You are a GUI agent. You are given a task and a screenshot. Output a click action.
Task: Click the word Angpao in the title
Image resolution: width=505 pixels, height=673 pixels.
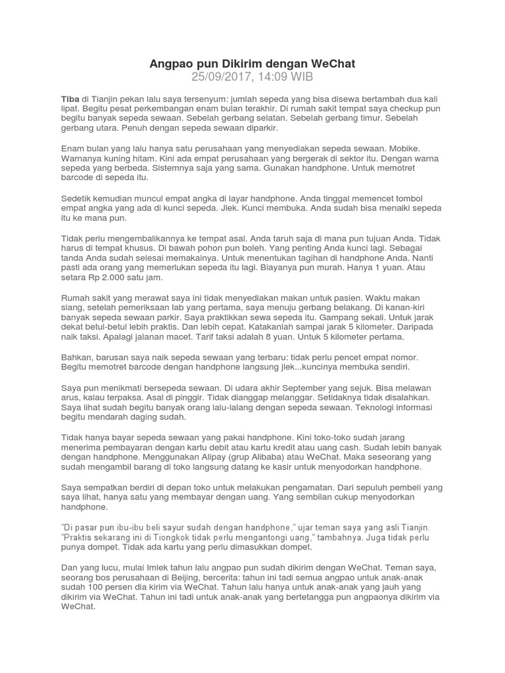click(x=170, y=64)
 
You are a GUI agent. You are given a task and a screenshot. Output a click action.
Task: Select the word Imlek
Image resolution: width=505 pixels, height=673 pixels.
click(x=172, y=568)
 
